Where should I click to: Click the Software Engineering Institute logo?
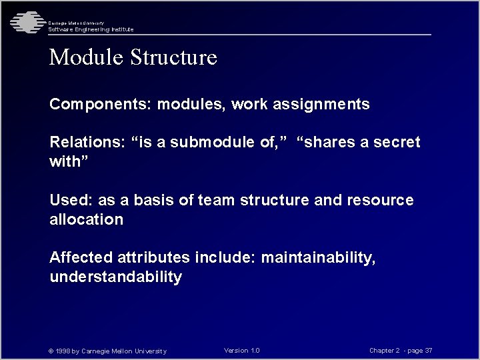pos(25,23)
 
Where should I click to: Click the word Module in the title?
pos(84,57)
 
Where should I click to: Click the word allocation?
pos(86,220)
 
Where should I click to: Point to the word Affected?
pos(81,258)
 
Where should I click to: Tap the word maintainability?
pos(318,258)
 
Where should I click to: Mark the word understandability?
pos(115,277)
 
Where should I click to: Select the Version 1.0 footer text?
pos(242,351)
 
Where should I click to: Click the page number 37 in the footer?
pos(429,351)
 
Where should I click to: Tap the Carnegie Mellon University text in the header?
pos(75,23)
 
